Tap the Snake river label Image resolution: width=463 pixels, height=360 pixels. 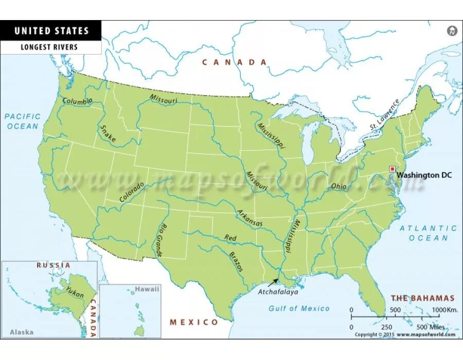tap(108, 133)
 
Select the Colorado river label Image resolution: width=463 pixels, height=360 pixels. tap(132, 190)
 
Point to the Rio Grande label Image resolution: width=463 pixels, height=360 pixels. tap(161, 241)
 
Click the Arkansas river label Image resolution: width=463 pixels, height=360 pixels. tap(250, 218)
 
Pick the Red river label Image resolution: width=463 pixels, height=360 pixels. tap(230, 238)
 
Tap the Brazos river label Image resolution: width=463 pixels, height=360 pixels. tap(237, 260)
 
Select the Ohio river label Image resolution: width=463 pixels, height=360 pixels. tap(339, 186)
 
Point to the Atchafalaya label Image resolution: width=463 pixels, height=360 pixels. tap(278, 292)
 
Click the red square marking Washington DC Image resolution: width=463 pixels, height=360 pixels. tap(392, 169)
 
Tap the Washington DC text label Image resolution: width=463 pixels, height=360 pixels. tap(424, 175)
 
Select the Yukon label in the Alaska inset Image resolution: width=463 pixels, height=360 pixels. tap(75, 292)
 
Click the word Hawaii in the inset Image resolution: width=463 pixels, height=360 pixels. tap(147, 289)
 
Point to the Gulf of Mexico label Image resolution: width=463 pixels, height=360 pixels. tap(299, 308)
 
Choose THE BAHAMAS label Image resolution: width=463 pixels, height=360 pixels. tap(422, 298)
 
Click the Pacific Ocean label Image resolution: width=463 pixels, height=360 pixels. tap(22, 121)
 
